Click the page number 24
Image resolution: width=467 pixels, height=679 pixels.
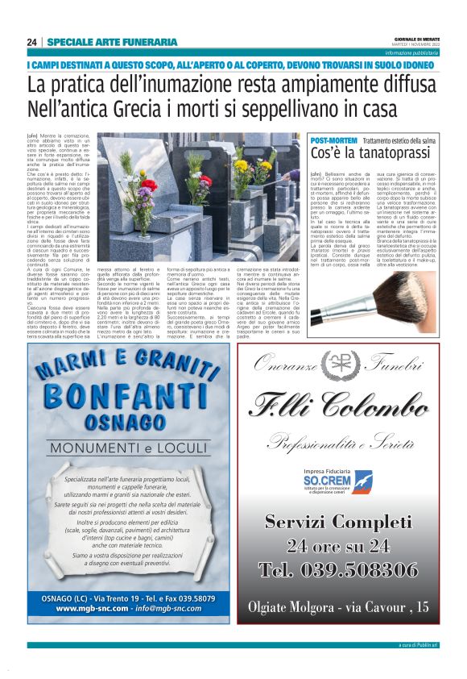pos(31,42)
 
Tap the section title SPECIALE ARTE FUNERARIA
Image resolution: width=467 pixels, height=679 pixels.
pos(112,42)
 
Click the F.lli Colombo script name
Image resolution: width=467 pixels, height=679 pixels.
pos(349,403)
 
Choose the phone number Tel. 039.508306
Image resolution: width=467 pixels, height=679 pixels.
pos(349,569)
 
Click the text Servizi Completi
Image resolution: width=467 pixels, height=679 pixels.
pos(349,521)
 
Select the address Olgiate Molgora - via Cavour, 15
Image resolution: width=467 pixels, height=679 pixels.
pos(349,606)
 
